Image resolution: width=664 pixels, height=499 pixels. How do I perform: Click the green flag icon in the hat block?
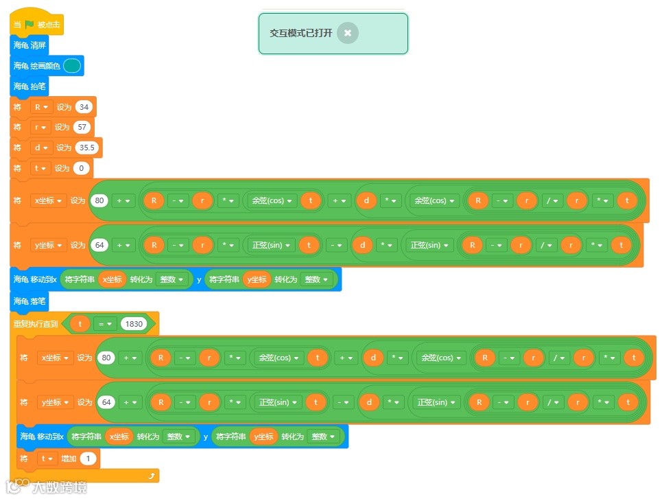[x=29, y=25]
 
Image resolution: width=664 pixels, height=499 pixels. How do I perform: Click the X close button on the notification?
[x=348, y=33]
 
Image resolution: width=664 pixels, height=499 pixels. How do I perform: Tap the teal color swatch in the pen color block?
[x=72, y=66]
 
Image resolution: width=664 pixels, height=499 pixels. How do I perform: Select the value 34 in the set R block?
[x=84, y=107]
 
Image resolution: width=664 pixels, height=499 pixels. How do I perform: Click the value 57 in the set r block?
[x=82, y=127]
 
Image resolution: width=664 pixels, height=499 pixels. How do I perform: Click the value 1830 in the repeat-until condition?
[x=133, y=324]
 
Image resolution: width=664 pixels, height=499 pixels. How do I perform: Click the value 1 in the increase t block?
[x=88, y=459]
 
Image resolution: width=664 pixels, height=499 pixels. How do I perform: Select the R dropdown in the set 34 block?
[x=41, y=107]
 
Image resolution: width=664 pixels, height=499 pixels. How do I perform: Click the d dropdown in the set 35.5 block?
[x=41, y=148]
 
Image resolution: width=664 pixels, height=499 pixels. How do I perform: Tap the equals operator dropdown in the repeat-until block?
[x=104, y=324]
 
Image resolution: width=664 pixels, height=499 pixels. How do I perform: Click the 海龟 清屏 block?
[x=29, y=45]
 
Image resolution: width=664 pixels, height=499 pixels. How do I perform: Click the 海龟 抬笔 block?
[x=29, y=86]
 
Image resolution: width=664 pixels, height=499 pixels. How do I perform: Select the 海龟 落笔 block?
[x=29, y=301]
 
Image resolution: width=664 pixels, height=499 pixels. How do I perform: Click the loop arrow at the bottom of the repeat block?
[x=152, y=475]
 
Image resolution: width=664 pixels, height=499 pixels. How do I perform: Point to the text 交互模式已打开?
[x=300, y=33]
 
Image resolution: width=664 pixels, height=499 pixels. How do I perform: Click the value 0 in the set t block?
[x=82, y=168]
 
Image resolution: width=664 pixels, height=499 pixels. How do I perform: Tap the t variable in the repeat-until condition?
[x=80, y=324]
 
